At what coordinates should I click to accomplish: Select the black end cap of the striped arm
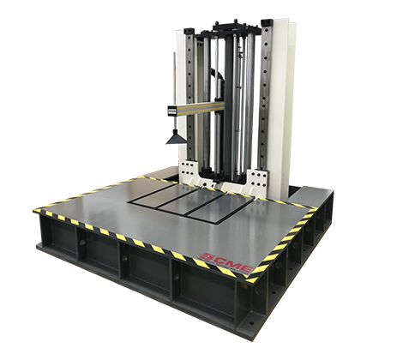click(x=171, y=111)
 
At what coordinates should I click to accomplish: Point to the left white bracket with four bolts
click(x=189, y=170)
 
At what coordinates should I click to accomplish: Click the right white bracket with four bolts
click(x=258, y=177)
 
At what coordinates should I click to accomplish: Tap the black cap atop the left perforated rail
click(x=189, y=30)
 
